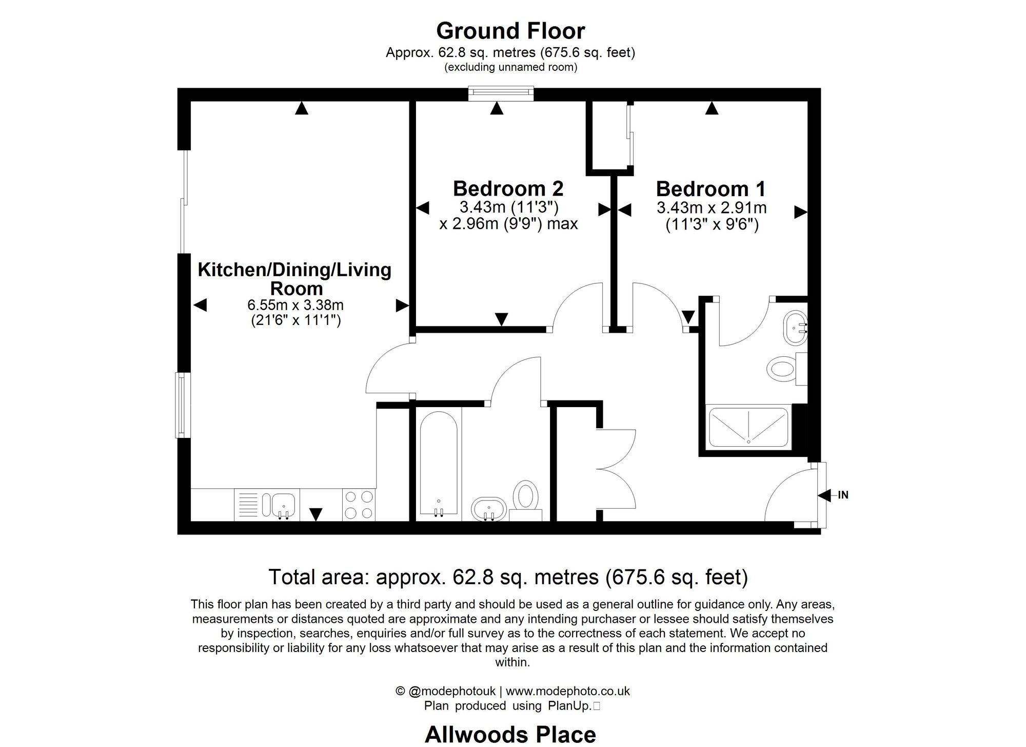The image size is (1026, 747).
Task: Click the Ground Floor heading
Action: point(510,31)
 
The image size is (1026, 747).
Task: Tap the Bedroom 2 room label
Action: point(508,189)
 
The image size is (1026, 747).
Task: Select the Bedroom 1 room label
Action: point(711,189)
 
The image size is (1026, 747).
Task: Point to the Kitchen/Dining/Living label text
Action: point(294,270)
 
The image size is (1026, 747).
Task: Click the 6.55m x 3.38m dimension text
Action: point(295,305)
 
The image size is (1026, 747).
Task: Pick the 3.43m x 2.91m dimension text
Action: point(712,208)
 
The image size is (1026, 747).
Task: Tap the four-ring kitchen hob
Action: point(359,505)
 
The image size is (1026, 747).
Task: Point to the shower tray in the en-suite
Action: point(748,427)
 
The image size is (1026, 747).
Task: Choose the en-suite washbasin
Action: point(795,327)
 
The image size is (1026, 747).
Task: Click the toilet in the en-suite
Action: point(782,369)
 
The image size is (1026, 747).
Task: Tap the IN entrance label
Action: point(843,495)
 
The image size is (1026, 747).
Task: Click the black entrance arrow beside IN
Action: point(824,495)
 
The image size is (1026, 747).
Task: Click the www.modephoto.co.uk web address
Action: point(568,691)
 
